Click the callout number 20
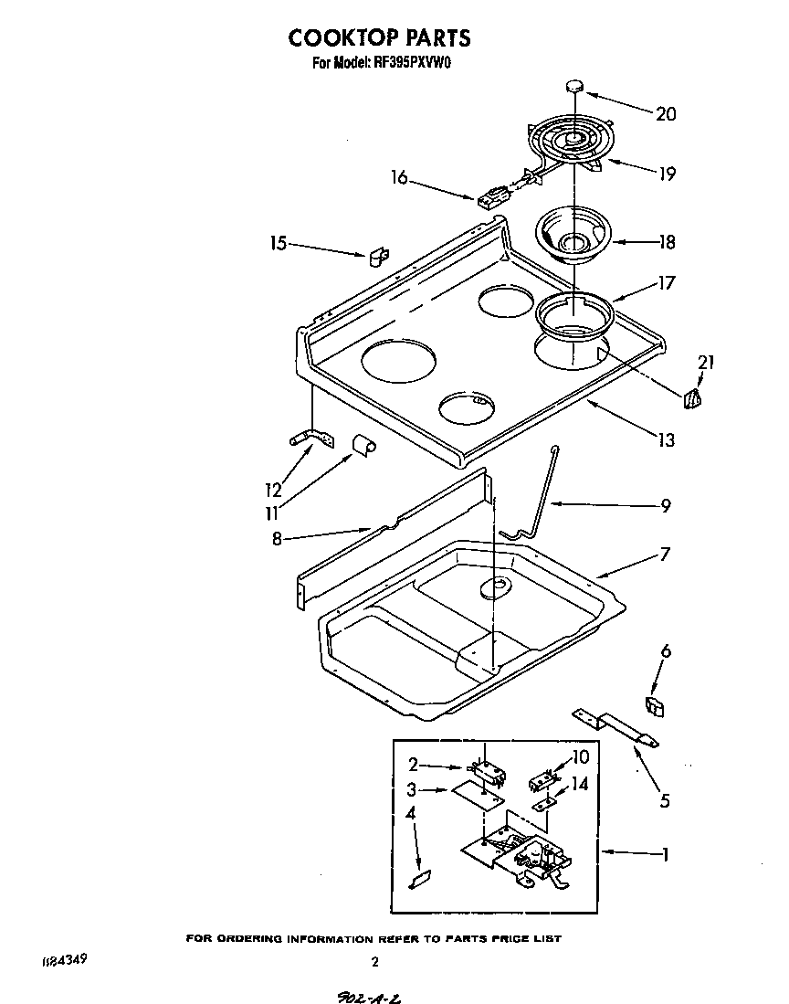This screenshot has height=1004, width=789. [666, 114]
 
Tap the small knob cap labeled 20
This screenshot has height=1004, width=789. [573, 85]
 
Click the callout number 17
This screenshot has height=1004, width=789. [666, 283]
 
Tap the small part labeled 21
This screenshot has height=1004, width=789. [694, 397]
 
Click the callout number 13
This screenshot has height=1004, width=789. [666, 440]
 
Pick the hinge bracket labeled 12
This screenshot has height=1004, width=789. [309, 440]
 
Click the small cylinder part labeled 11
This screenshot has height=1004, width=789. [364, 445]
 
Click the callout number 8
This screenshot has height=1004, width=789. [277, 539]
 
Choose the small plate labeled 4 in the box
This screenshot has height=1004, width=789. [420, 879]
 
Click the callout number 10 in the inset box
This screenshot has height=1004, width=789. [581, 756]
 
